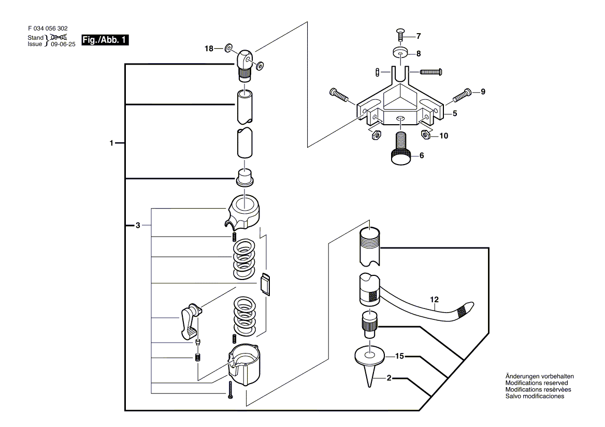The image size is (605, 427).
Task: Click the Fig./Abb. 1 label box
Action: [x=105, y=40]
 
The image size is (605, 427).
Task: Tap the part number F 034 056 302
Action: [x=48, y=28]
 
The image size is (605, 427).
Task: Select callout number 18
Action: [x=209, y=49]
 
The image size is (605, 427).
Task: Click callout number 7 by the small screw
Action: [x=419, y=36]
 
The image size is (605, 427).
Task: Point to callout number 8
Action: [x=419, y=54]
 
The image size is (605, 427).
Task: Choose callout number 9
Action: [x=483, y=92]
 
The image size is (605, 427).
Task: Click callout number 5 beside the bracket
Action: [x=455, y=114]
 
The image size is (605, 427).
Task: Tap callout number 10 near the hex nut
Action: [x=444, y=136]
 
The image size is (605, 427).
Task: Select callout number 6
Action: [x=422, y=156]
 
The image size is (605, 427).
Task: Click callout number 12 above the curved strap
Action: [x=435, y=300]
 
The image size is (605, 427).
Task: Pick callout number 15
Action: [x=399, y=357]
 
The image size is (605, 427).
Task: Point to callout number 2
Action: [x=389, y=378]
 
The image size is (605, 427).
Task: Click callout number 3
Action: [x=138, y=226]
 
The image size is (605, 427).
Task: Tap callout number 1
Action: [x=111, y=143]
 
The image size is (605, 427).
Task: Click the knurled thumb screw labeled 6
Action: [x=401, y=148]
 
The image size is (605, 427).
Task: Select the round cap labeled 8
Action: [x=402, y=52]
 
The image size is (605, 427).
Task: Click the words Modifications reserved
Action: [x=537, y=383]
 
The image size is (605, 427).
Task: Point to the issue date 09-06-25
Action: [x=63, y=45]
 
